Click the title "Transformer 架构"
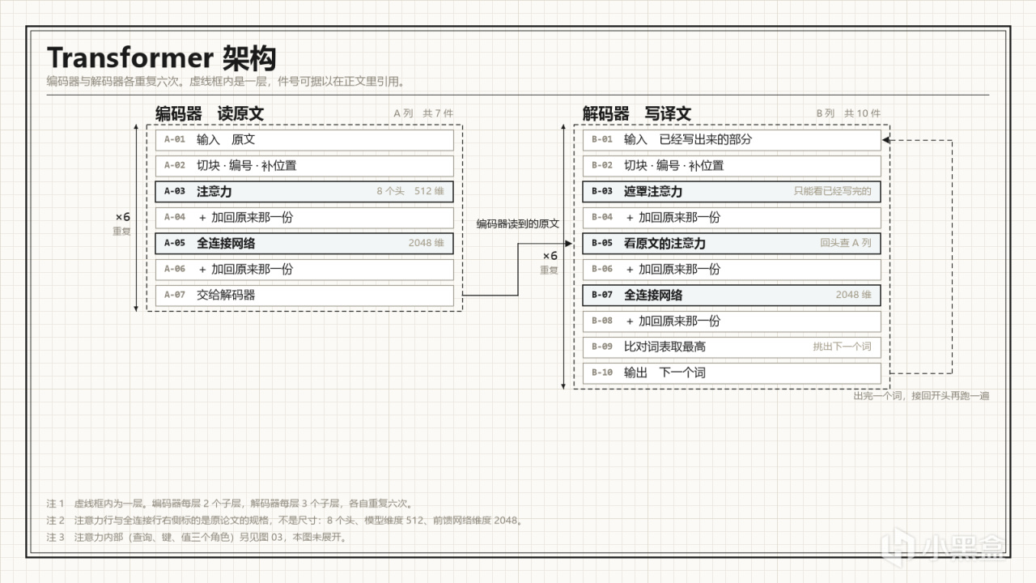161,57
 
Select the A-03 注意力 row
304,192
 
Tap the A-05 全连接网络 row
304,244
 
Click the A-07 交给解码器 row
304,296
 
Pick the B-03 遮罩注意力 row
732,192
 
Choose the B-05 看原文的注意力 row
732,244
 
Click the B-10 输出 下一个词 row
732,373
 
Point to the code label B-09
602,347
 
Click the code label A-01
175,139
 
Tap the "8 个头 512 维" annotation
410,191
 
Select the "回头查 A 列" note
846,243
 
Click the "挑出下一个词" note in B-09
843,347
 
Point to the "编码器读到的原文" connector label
518,224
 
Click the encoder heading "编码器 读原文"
210,114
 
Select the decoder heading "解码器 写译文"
637,114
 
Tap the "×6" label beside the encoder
122,217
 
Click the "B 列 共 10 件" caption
848,113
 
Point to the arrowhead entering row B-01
885,140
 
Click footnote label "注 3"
56,537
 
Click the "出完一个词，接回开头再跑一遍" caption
921,396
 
